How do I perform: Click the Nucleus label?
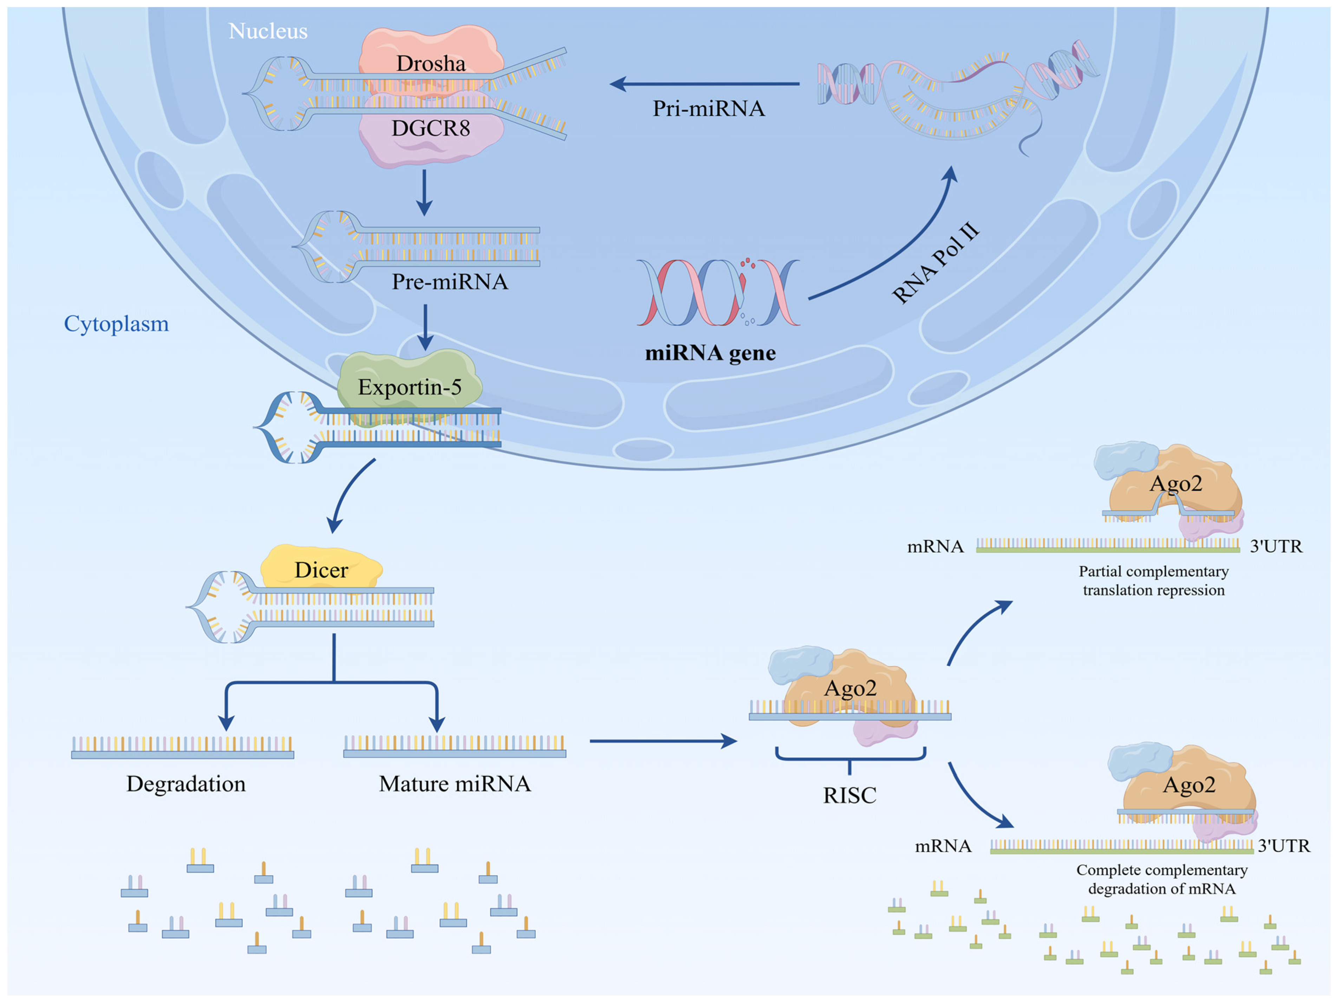(268, 31)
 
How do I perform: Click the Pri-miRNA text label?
(709, 109)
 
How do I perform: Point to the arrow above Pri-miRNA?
(704, 84)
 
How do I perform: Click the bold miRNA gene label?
(710, 353)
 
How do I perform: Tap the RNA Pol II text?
(935, 263)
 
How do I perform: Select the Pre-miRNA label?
(450, 282)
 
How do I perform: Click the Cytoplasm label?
(117, 324)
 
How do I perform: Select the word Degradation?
(186, 784)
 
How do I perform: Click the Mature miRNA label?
(455, 784)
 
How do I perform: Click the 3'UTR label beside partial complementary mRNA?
(1276, 547)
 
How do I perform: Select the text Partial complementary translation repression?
(1154, 580)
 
